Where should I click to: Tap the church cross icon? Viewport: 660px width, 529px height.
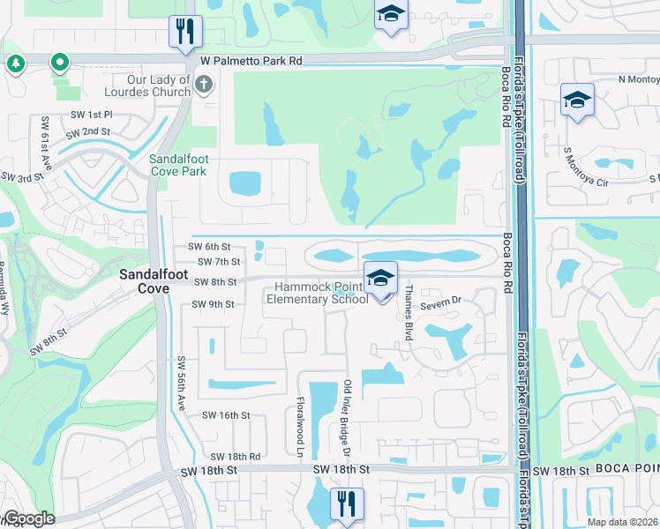204,86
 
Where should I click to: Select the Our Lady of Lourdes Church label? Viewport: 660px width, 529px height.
158,86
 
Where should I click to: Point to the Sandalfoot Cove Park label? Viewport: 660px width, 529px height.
177,165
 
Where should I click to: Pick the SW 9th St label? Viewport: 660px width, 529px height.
213,304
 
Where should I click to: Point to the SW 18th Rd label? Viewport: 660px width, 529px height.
235,457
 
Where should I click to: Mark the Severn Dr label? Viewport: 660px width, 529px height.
441,304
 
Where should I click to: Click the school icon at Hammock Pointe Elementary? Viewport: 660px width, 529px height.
380,279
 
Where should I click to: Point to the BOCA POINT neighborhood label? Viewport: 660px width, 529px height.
627,470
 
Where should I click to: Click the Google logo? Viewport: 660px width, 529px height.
28,518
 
